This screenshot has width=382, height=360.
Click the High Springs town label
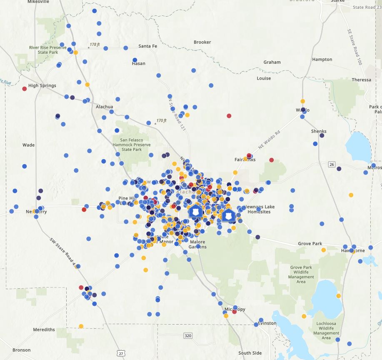pos(42,86)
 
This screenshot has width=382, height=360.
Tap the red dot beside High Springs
pos(25,89)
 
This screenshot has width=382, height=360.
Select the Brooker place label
pos(202,42)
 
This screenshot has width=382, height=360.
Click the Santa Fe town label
pos(147,46)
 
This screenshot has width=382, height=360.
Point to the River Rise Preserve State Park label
pos(48,50)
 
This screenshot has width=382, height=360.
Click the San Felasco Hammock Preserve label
pos(132,145)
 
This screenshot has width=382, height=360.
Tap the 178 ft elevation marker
pos(95,45)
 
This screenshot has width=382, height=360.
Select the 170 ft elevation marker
pos(161,121)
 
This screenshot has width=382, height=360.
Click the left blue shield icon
pos(195,211)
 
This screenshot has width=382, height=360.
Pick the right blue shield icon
pos(227,216)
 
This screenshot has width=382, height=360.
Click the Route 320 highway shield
pos(188,335)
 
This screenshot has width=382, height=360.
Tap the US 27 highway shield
pos(121,353)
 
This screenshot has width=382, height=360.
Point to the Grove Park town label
pos(310,243)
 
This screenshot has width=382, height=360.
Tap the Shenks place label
pos(319,131)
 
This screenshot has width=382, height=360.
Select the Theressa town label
pos(361,80)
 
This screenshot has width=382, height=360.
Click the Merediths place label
pos(44,330)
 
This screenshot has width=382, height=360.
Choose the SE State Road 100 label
pos(354,47)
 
